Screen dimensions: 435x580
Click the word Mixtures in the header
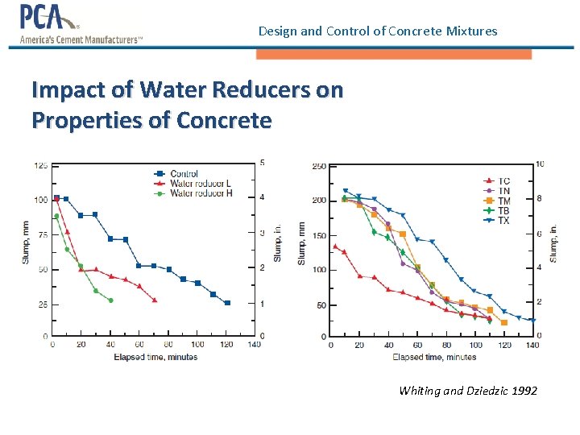tap(470, 31)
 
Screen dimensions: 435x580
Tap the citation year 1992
tap(524, 391)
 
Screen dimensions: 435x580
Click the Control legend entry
tap(184, 174)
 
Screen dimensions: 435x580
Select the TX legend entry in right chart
tap(503, 221)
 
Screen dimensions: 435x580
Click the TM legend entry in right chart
tap(503, 201)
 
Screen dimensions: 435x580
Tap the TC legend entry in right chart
tap(503, 181)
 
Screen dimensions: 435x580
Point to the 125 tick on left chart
tap(39, 166)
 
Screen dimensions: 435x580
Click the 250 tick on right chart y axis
tap(319, 167)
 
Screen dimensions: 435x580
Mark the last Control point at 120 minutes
tap(227, 303)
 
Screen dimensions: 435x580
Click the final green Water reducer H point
tap(110, 300)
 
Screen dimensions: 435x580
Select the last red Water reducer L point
tap(155, 300)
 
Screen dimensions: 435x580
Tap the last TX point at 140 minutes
tap(532, 321)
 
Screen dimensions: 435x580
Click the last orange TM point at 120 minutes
tap(503, 323)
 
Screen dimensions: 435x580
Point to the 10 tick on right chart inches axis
tap(541, 164)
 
